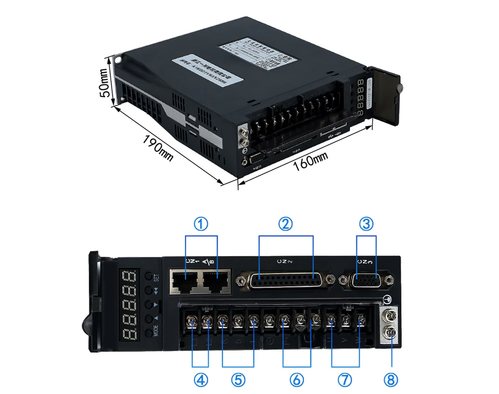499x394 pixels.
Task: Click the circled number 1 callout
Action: (x=201, y=224)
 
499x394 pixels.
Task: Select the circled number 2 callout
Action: (x=285, y=224)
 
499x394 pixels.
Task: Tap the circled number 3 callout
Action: (x=367, y=224)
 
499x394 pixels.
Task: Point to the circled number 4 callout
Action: (x=201, y=380)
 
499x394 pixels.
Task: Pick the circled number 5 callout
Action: (x=238, y=380)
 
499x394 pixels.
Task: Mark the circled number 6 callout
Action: (x=296, y=380)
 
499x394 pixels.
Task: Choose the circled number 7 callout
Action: (x=344, y=380)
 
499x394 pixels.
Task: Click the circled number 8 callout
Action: (x=391, y=380)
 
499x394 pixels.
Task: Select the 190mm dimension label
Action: (x=158, y=148)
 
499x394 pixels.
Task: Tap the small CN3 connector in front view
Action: (x=366, y=281)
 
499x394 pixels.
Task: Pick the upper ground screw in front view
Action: (x=390, y=316)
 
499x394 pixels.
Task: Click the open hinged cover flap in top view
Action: (x=386, y=97)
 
